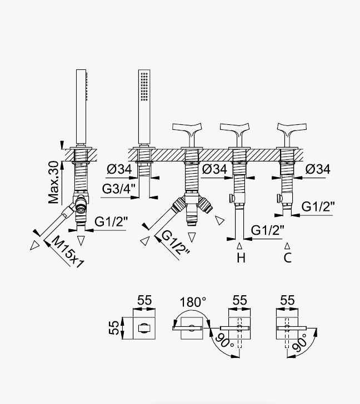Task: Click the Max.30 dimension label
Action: (54, 182)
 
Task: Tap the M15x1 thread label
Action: (68, 252)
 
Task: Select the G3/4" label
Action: (119, 189)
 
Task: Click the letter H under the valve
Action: (241, 257)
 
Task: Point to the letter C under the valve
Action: (288, 257)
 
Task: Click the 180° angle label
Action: (193, 302)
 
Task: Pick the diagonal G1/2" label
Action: (176, 243)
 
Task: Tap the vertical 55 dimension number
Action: (114, 328)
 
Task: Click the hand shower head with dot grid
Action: (144, 107)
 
